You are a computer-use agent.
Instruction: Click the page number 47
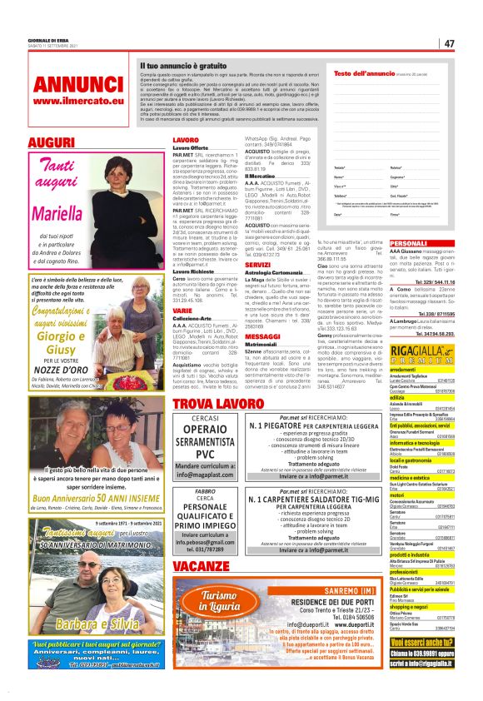click(x=449, y=43)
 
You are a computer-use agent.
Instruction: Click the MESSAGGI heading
click(x=263, y=336)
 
